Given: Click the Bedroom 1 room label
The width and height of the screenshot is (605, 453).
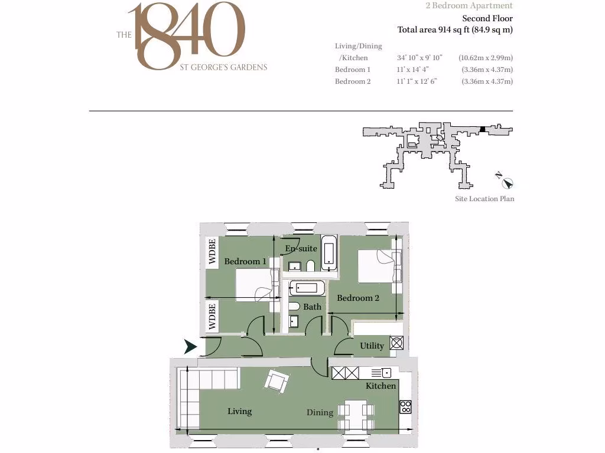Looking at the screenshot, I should click(245, 261).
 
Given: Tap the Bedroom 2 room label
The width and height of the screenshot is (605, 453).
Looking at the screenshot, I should click(358, 298).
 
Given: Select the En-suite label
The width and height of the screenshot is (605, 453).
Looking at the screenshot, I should click(301, 248).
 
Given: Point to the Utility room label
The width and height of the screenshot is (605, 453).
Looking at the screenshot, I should click(372, 346).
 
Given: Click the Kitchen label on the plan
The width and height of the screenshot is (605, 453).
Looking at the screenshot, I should click(381, 386).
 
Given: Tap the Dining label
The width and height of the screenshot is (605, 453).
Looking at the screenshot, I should click(320, 412).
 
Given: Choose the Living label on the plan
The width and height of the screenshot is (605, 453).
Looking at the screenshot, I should click(240, 411).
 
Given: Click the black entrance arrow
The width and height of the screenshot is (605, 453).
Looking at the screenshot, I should click(190, 347).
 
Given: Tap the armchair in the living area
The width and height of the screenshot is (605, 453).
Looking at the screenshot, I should click(277, 381).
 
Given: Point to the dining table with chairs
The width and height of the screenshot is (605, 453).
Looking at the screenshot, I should click(356, 416).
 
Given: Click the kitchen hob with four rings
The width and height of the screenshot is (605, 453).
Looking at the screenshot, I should click(405, 406).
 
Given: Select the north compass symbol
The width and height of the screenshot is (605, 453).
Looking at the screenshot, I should click(507, 182).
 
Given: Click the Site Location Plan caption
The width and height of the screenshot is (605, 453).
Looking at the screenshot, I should click(484, 199).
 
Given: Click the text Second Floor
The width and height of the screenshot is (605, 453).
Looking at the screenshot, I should click(487, 18).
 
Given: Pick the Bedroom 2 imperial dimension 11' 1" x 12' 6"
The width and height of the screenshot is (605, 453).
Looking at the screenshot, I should click(417, 81).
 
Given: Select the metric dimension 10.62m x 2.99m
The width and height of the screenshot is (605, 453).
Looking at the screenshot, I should click(486, 58).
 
